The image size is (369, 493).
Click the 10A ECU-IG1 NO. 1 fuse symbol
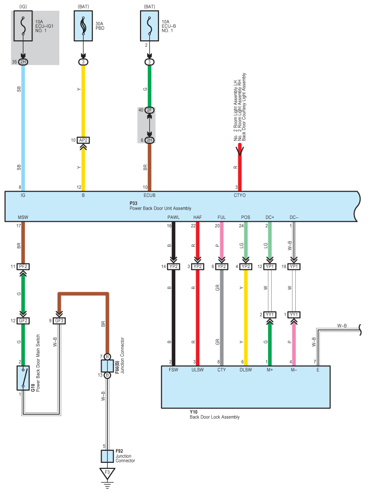point(23,26)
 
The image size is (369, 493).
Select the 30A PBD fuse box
point(83,26)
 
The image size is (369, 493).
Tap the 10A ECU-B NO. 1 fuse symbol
point(149,26)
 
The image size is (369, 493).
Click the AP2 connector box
point(83,140)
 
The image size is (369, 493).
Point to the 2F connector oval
point(150,110)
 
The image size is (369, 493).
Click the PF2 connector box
point(23,267)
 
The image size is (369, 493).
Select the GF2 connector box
point(23,320)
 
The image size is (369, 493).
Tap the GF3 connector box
point(59,320)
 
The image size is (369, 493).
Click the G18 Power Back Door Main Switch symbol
point(23,378)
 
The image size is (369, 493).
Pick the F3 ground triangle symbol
point(107,473)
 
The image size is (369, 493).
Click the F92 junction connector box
point(107,456)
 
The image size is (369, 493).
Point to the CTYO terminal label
point(240,195)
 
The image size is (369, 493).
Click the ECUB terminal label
point(150,195)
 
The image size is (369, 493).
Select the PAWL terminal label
point(173,217)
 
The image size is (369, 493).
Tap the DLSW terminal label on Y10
point(246,370)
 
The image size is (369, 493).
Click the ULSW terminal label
point(197,370)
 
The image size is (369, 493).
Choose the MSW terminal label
point(23,217)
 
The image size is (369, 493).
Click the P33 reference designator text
point(133,203)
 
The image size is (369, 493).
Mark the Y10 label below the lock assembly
point(194,412)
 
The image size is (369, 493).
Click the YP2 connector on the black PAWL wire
point(173,267)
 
